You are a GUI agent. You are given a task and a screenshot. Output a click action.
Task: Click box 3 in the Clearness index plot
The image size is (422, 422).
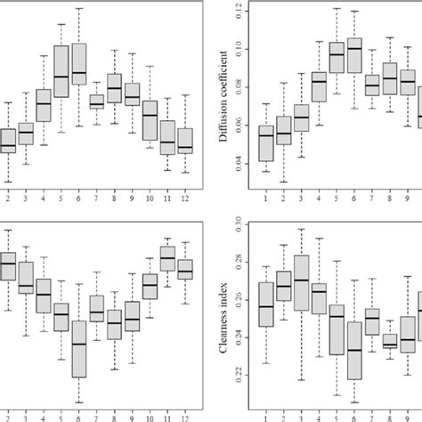click(x=301, y=283)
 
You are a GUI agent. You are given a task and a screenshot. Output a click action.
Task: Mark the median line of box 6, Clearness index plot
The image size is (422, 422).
click(x=354, y=351)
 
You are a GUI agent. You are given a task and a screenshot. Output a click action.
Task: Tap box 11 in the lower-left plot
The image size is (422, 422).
click(x=167, y=258)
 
